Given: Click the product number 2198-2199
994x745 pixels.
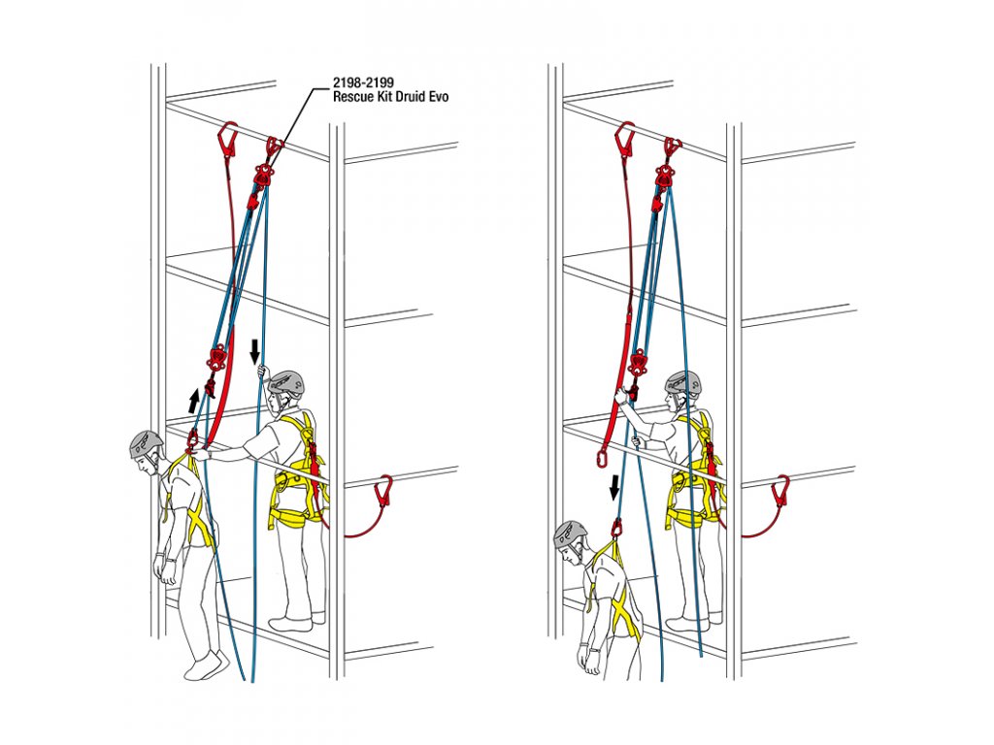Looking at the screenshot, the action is tap(363, 83).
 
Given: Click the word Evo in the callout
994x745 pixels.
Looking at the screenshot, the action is tap(440, 96).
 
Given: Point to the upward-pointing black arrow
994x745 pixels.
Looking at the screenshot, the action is tap(194, 401).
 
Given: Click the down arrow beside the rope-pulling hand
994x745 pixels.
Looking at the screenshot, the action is tap(254, 352).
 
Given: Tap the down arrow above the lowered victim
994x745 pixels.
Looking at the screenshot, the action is tap(614, 489).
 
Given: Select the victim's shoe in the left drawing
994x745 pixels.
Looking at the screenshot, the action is tap(208, 665).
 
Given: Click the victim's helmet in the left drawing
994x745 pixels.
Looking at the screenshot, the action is tap(147, 443).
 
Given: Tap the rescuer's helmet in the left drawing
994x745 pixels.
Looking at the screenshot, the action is tap(286, 383).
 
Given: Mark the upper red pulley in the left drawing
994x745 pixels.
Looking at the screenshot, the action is tap(263, 175).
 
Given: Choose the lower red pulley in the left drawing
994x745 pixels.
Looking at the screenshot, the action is tap(216, 359).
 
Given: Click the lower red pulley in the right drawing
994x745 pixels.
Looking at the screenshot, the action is tap(639, 364).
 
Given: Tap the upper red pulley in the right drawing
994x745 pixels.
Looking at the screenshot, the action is tap(664, 175).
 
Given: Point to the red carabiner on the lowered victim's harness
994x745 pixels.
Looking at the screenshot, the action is tap(616, 527).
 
